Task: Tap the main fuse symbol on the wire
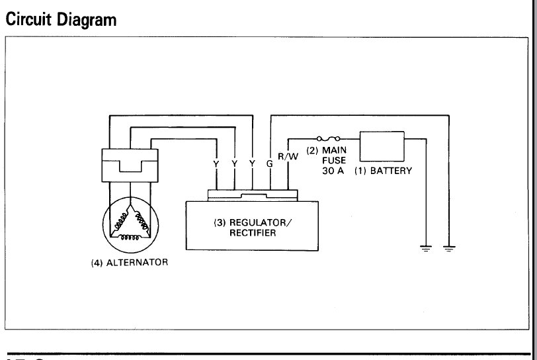click(x=329, y=139)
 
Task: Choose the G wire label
click(x=269, y=162)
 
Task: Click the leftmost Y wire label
click(x=216, y=162)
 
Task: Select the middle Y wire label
click(x=235, y=162)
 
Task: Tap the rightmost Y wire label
click(x=252, y=162)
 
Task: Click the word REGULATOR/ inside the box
click(x=247, y=222)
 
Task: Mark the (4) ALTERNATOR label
click(x=130, y=262)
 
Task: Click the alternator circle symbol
click(x=130, y=222)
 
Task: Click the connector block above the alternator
click(x=130, y=165)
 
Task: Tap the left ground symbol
click(x=426, y=248)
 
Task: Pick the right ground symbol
click(x=448, y=248)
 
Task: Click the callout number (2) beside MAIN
click(x=313, y=150)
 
